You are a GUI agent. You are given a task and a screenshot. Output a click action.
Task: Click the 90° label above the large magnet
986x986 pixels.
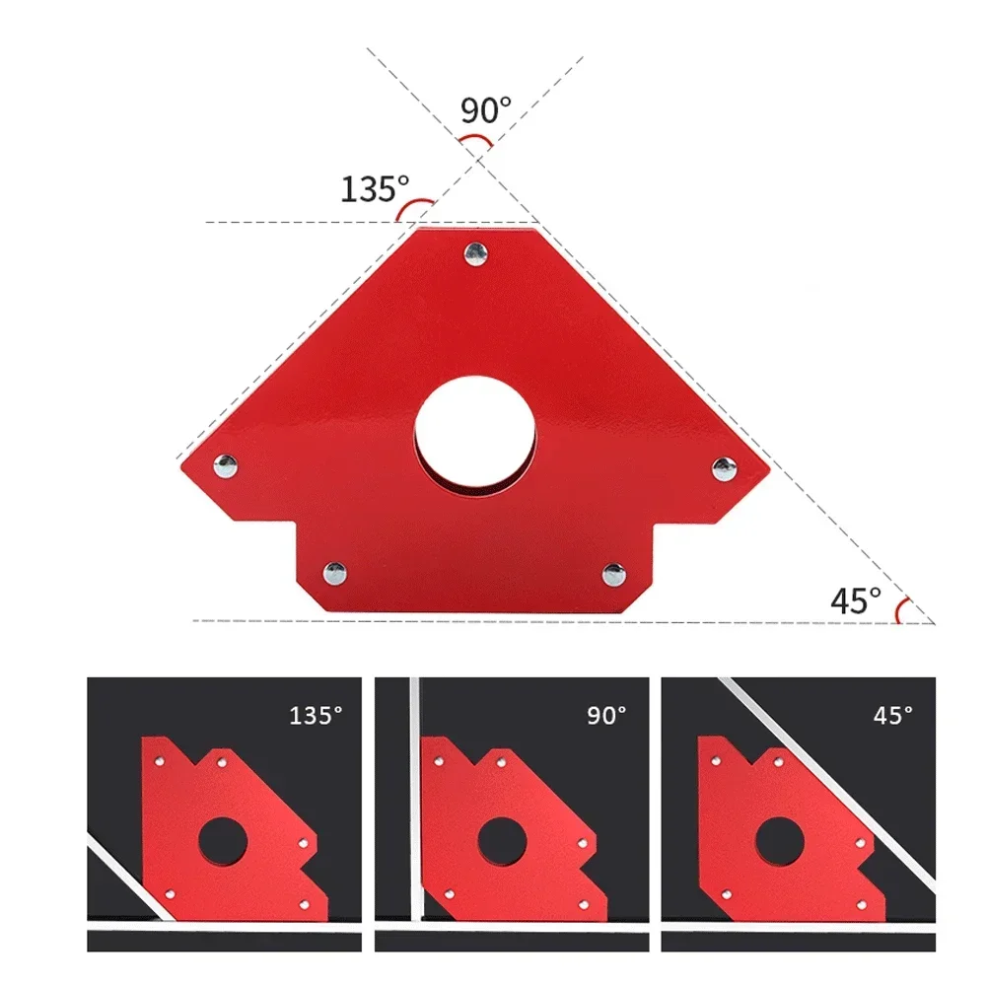(486, 108)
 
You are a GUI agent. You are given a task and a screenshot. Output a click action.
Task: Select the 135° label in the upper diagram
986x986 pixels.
(375, 188)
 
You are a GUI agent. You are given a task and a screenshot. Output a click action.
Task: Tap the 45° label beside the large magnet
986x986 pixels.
(854, 599)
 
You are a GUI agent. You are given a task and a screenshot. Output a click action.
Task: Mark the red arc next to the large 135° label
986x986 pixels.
(414, 207)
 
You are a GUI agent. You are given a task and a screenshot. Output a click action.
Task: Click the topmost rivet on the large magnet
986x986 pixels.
(476, 252)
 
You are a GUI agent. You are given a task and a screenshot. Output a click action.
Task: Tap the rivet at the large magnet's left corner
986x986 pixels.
(226, 463)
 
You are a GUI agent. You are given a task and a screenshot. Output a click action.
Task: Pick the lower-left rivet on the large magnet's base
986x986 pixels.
(335, 571)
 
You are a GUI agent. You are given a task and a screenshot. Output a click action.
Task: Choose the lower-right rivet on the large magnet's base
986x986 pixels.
(613, 572)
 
